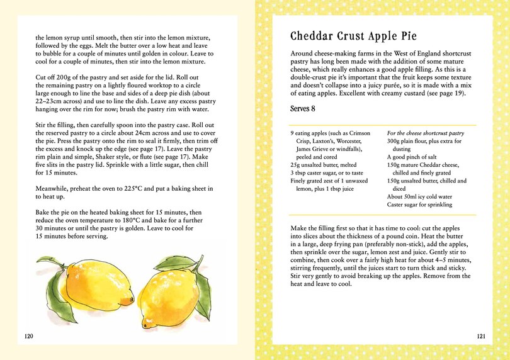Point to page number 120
(x=28, y=336)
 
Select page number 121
(x=480, y=336)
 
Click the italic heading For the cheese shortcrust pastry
(x=425, y=133)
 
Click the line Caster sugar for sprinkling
(x=419, y=205)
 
